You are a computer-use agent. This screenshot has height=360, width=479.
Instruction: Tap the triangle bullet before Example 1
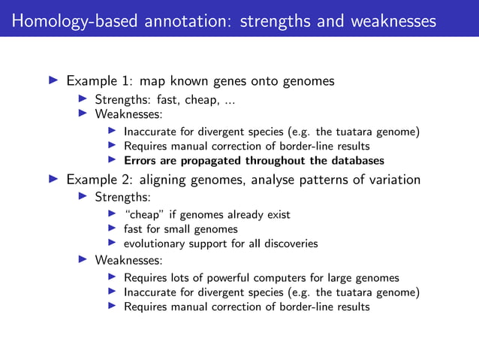coord(53,80)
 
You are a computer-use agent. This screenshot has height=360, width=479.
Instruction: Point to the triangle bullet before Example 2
coord(53,180)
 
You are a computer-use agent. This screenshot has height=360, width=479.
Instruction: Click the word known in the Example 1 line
coord(173,80)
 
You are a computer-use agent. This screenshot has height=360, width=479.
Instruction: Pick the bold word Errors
coord(140,160)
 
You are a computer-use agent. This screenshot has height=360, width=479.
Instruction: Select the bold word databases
coord(356,160)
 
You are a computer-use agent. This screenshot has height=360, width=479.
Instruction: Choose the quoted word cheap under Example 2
coord(142,215)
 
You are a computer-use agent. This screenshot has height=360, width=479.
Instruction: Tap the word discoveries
coord(291,244)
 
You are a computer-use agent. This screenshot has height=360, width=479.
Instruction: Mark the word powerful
coord(231,278)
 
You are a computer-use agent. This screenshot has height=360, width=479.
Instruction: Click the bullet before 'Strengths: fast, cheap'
coord(83,99)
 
